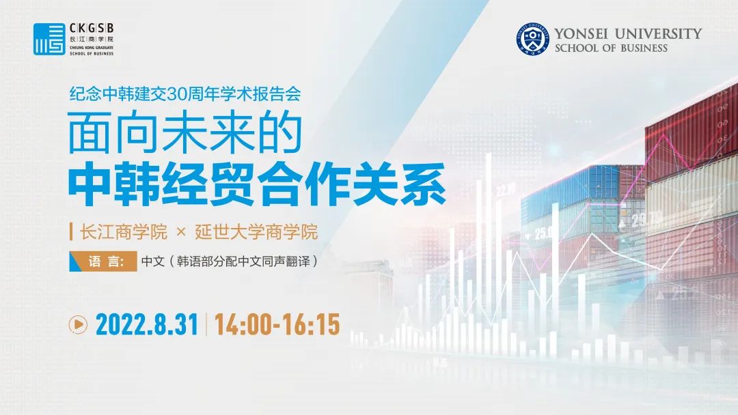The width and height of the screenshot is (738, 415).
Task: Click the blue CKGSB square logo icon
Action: (x=49, y=39)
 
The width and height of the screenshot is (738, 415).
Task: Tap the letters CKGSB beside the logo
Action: (x=92, y=28)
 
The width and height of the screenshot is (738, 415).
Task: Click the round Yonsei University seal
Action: (x=532, y=39)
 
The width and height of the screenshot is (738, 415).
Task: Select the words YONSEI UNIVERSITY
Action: (x=628, y=33)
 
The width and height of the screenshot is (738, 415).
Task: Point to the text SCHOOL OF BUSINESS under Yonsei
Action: (x=611, y=48)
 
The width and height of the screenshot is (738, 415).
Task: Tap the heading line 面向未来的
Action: (x=185, y=132)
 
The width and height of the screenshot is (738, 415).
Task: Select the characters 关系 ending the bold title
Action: (x=399, y=184)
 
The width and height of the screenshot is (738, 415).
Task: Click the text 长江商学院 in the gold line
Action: (x=123, y=232)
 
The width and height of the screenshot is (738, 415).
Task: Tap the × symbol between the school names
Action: (x=180, y=232)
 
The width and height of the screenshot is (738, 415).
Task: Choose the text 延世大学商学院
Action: (x=256, y=232)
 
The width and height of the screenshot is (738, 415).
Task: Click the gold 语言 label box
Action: (x=104, y=261)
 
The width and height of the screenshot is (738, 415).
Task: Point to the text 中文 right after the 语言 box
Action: (x=153, y=261)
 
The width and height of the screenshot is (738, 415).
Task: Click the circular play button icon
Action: (x=78, y=325)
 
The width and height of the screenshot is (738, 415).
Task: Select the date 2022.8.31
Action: (x=147, y=325)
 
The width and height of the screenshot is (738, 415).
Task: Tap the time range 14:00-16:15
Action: (x=277, y=325)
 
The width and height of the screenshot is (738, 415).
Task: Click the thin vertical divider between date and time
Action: (x=206, y=324)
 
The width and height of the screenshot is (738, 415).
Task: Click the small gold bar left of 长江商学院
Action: (x=71, y=232)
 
